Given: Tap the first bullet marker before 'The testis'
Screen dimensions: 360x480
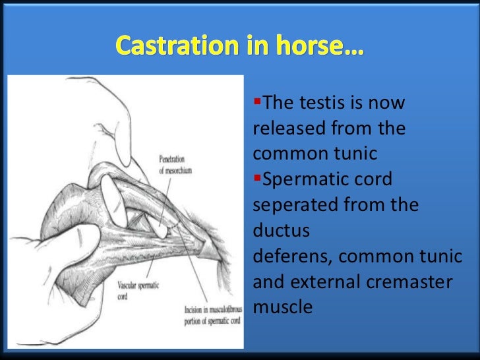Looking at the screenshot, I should pyautogui.click(x=257, y=103).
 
